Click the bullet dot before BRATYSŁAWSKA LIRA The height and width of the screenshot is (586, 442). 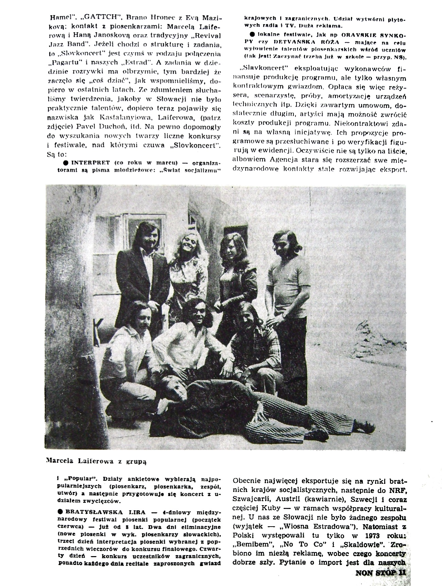[61, 512]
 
